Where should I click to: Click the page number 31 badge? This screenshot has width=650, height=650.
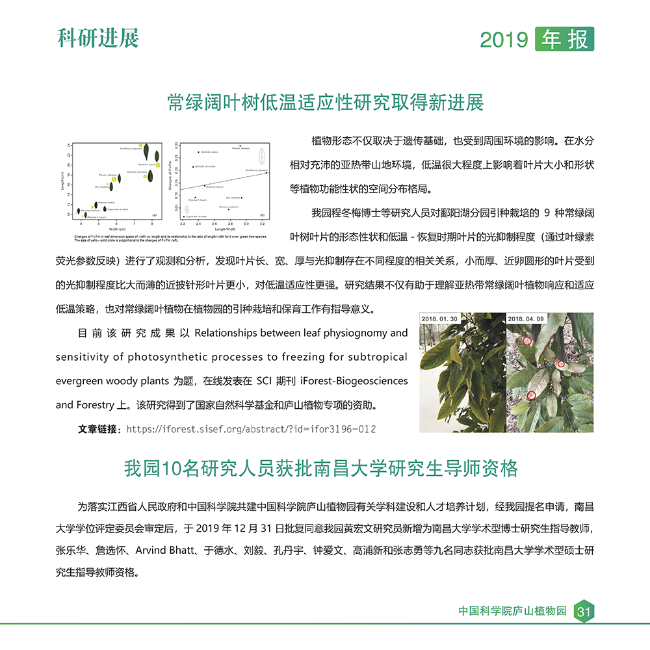click(x=583, y=611)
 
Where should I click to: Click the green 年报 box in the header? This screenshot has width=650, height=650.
click(x=564, y=40)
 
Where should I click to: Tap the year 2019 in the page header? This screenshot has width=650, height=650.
click(x=504, y=40)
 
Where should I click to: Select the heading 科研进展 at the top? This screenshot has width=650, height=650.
click(x=98, y=38)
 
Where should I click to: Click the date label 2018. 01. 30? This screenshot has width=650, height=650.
click(x=439, y=319)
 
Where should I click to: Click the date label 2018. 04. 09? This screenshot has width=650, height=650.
click(x=526, y=319)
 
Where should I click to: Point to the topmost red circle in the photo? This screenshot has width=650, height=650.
click(x=526, y=340)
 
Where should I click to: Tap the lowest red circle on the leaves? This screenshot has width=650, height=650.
click(x=532, y=395)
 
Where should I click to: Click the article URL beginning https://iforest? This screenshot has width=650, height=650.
click(x=251, y=429)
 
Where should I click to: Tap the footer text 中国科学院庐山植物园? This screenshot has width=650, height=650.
click(x=513, y=611)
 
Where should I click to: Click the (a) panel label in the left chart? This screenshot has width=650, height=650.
click(x=154, y=215)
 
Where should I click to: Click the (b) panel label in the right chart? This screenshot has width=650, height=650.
click(x=262, y=215)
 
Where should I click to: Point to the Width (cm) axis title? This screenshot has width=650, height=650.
click(x=117, y=228)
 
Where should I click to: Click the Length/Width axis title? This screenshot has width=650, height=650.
click(x=225, y=228)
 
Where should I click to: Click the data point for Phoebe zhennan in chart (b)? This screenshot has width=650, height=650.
click(x=240, y=146)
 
